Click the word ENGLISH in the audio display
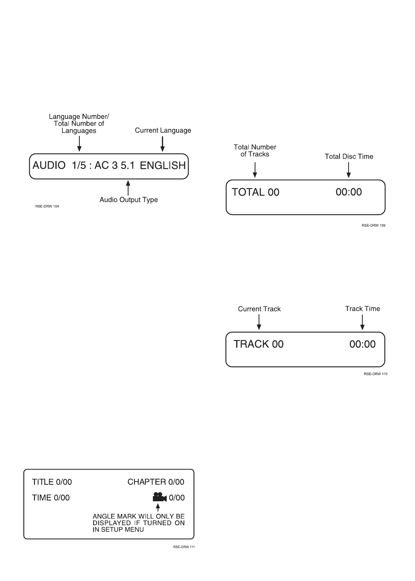163,166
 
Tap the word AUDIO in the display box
49,166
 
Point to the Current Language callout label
163,130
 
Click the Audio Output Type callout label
129,200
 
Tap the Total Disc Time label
349,156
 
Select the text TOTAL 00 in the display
255,192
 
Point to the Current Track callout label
259,309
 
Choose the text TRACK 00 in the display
258,345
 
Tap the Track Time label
362,309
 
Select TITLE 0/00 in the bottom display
52,482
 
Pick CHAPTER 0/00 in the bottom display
156,482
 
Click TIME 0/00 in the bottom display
51,498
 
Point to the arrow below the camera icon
158,508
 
